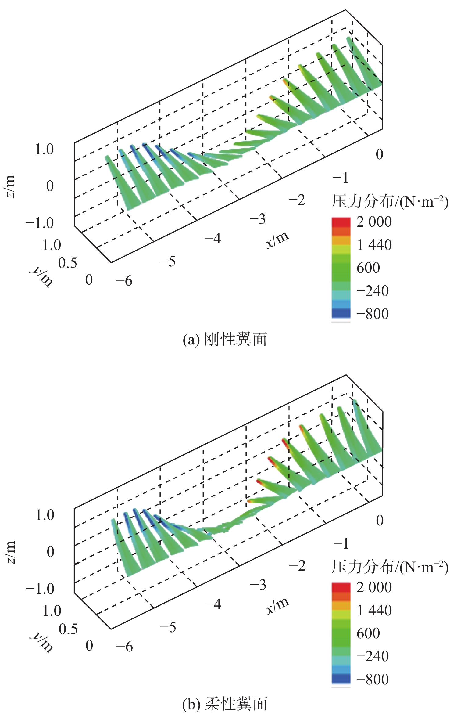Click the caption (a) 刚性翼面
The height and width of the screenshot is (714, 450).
[x=225, y=339]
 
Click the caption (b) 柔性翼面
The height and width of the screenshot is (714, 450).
[x=225, y=704]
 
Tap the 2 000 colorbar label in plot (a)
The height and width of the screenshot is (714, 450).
[x=374, y=222]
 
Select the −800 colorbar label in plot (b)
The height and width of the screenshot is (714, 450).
[x=373, y=679]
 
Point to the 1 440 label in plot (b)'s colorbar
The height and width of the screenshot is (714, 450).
[x=374, y=610]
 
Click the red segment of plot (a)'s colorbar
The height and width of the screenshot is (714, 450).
[x=341, y=222]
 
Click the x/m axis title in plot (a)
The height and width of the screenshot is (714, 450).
[x=277, y=240]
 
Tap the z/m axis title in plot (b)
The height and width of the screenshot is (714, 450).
[x=10, y=553]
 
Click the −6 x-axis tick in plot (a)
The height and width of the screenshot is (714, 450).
[x=124, y=281]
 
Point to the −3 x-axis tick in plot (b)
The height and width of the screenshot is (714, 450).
[x=258, y=585]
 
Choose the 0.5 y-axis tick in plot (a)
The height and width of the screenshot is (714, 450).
[x=68, y=263]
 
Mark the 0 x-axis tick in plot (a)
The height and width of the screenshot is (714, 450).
[x=379, y=154]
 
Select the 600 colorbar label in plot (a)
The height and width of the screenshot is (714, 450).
[x=368, y=268]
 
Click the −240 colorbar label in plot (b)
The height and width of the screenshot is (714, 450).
[x=373, y=656]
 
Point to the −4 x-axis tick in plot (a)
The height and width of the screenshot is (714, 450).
[x=213, y=238]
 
